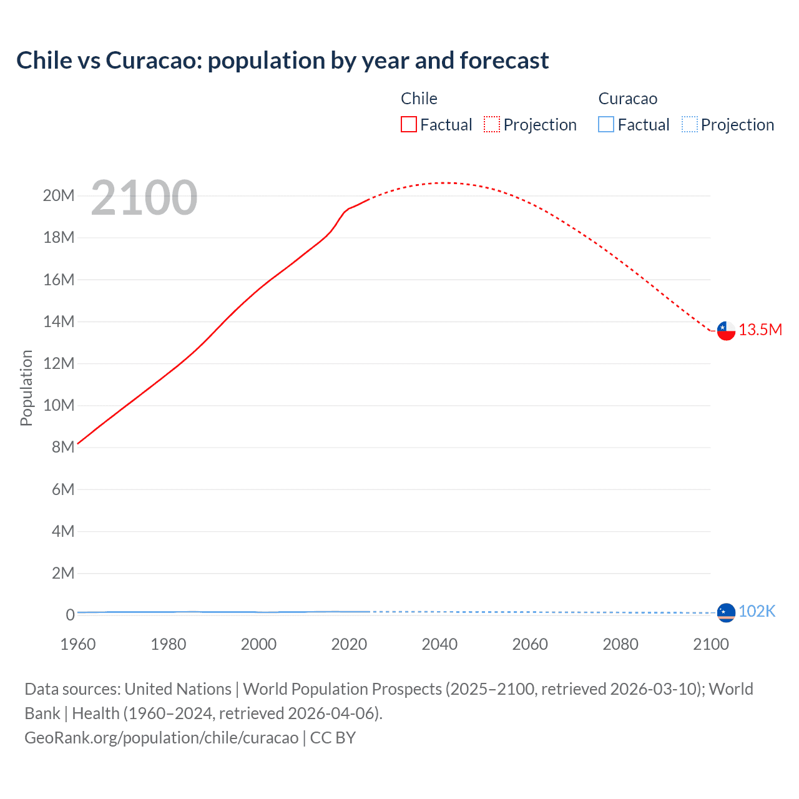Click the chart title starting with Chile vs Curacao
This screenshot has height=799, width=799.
tap(282, 61)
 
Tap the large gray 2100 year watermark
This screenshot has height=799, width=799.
tap(144, 198)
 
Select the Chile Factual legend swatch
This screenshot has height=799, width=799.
tap(408, 124)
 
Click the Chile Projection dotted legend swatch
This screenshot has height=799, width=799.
tap(492, 124)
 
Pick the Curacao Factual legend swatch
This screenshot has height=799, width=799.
tap(606, 124)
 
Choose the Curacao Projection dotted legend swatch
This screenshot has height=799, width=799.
tap(689, 124)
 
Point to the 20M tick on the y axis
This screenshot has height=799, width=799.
tap(59, 196)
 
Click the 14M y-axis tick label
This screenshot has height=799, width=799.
tap(59, 322)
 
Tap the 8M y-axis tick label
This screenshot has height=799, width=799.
tap(63, 448)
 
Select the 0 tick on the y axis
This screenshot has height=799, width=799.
tap(70, 615)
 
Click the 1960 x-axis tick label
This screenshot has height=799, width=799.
tap(78, 644)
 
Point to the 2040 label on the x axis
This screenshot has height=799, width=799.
tap(439, 644)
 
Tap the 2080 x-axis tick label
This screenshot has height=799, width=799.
tap(620, 644)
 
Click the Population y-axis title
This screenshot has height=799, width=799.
tap(26, 388)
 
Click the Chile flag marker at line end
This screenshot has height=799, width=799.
tap(726, 331)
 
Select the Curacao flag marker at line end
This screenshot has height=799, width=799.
tap(726, 613)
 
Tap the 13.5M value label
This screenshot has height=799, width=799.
tap(760, 330)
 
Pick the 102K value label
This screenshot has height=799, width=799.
tap(757, 612)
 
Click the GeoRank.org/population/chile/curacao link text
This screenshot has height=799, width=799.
tap(162, 738)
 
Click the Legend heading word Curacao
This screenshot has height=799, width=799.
tap(627, 99)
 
